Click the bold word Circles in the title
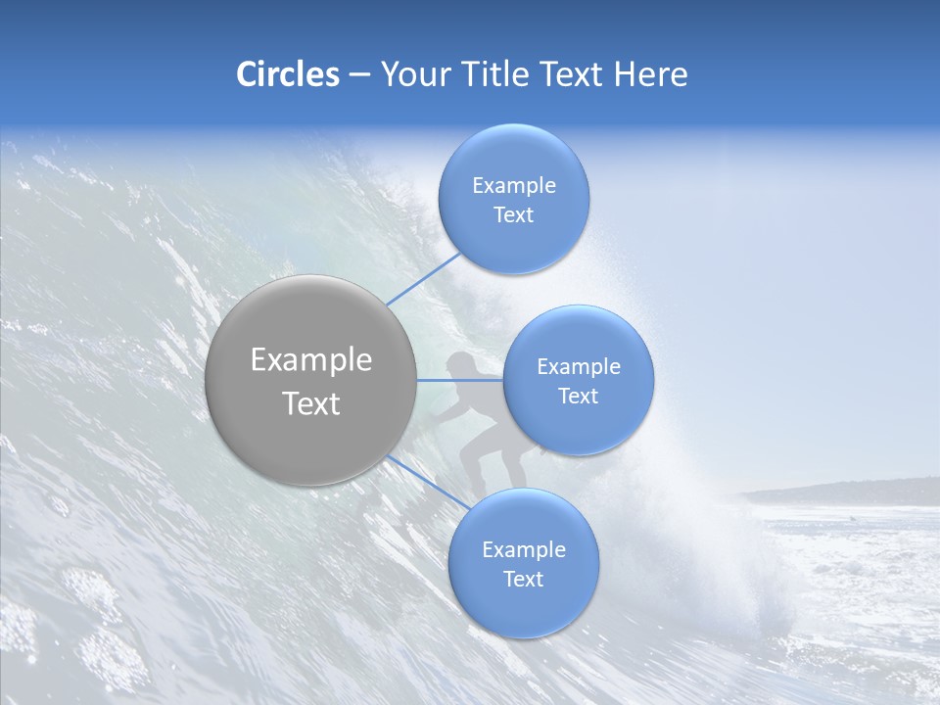(x=287, y=74)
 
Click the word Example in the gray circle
(x=310, y=359)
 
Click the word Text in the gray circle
(x=310, y=403)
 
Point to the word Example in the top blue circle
(x=513, y=185)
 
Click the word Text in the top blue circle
(x=513, y=214)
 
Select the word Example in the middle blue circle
(x=578, y=366)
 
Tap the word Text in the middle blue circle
(x=578, y=396)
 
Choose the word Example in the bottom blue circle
(x=523, y=549)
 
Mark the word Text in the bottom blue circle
(x=523, y=579)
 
